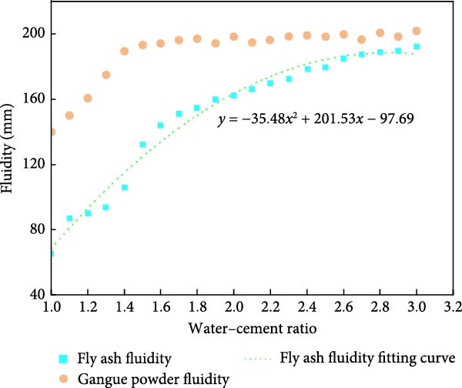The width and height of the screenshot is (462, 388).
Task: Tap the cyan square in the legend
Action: coord(63,358)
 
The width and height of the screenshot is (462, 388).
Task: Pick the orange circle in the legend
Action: coord(63,377)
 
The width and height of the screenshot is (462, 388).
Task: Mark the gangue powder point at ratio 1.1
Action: coord(69,115)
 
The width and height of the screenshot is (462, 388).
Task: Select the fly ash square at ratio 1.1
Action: coord(69,219)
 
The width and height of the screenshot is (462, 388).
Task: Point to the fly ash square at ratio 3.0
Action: coord(417,47)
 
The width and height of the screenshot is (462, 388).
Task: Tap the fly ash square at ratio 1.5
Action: coord(142,145)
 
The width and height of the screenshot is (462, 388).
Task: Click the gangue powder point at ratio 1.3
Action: coord(106,75)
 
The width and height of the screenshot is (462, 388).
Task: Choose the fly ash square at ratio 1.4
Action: coord(124,188)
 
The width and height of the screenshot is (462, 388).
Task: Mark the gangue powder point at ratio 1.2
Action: coord(88,98)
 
